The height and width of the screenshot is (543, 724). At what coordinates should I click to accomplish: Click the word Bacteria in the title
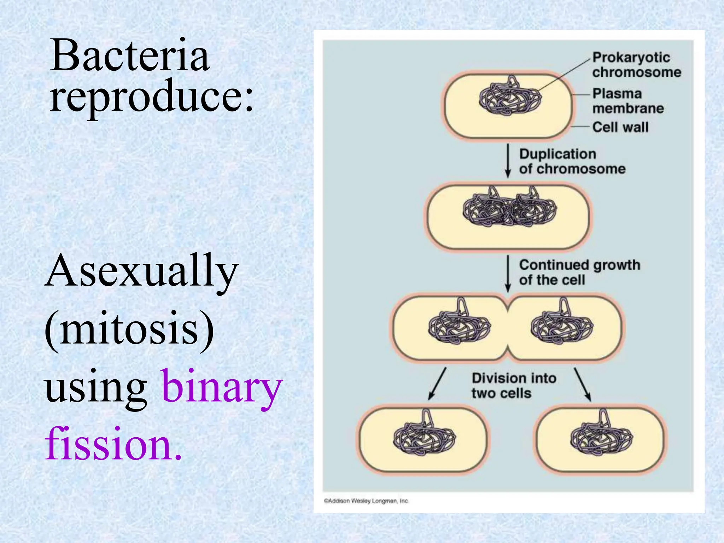(x=130, y=56)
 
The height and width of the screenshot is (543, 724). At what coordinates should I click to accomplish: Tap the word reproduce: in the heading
(x=151, y=96)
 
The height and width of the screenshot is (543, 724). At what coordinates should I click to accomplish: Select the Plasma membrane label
(x=627, y=101)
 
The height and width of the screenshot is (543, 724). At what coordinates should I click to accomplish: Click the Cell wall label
(x=620, y=127)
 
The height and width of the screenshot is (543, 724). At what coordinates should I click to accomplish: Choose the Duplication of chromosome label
(x=572, y=162)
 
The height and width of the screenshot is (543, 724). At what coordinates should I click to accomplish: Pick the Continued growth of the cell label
(x=579, y=272)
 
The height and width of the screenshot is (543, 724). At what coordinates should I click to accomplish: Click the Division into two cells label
(x=513, y=385)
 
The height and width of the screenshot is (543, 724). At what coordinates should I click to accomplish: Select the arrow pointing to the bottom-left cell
(x=437, y=384)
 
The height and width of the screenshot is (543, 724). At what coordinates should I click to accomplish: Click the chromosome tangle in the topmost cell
(x=510, y=97)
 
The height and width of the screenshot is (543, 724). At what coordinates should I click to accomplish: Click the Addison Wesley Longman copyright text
(x=366, y=501)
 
